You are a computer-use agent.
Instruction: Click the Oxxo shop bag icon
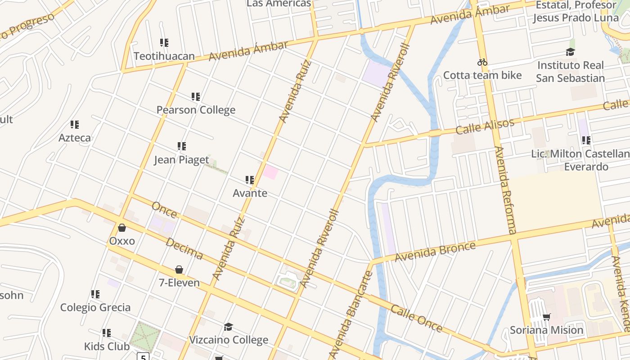(122, 228)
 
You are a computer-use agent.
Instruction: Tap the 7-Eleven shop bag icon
(179, 270)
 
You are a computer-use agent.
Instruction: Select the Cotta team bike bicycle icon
(482, 62)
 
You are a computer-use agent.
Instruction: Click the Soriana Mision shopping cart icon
(547, 317)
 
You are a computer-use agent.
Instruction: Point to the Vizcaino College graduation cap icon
(229, 326)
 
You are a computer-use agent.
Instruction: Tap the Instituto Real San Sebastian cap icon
(570, 52)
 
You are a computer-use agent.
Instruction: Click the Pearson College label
(196, 110)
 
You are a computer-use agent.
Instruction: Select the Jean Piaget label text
(181, 160)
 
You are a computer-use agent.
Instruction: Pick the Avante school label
(250, 193)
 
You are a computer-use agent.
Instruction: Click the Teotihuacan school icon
(164, 43)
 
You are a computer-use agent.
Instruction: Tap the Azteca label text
(75, 138)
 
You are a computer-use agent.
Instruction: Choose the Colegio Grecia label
(95, 307)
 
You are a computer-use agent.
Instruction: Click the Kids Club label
(107, 346)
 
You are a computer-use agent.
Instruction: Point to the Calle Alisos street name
(485, 127)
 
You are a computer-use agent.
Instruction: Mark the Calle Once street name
(416, 318)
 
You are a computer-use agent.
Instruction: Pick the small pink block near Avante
(270, 172)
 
